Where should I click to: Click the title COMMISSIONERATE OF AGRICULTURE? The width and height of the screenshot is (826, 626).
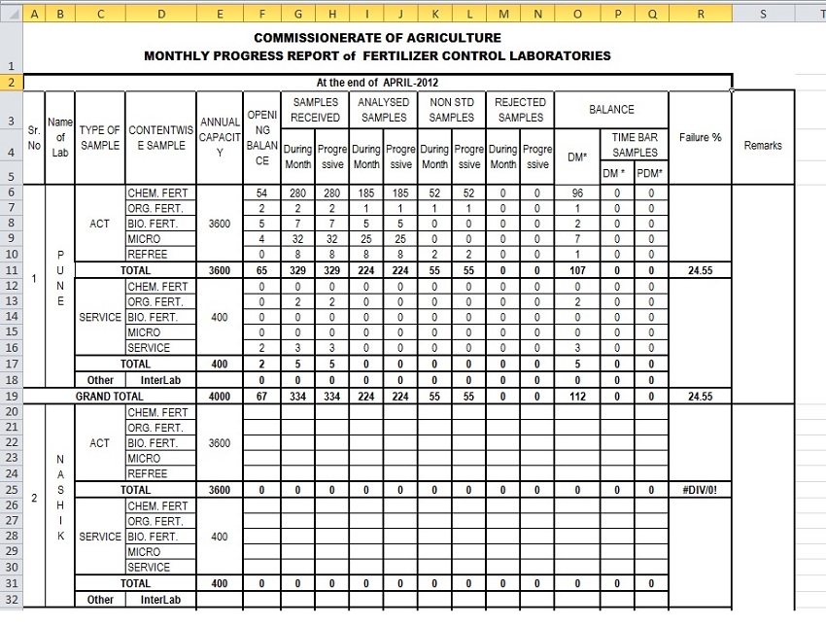[377, 38]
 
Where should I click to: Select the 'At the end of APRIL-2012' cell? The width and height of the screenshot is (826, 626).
[377, 83]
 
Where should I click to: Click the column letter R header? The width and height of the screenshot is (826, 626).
[700, 13]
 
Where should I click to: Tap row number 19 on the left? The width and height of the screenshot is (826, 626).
[11, 397]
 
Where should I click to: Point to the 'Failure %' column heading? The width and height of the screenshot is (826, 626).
[700, 137]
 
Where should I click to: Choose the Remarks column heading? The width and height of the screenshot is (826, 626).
[762, 145]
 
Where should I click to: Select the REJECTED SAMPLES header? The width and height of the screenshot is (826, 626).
[521, 110]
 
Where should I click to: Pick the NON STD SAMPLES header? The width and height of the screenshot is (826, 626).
[451, 110]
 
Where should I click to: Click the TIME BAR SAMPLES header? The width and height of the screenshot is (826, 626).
[635, 145]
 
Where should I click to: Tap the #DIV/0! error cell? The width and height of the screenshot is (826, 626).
[700, 490]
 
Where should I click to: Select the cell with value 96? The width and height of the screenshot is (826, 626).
[577, 192]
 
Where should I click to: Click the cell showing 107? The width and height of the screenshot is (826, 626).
[577, 270]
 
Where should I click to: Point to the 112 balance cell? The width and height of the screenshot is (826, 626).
[577, 397]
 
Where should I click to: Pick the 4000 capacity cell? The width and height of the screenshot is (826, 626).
[220, 397]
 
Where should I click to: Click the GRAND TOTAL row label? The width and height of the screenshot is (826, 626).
[109, 397]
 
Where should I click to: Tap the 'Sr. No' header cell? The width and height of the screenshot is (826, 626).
[34, 137]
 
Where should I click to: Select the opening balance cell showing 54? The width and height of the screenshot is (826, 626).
[261, 192]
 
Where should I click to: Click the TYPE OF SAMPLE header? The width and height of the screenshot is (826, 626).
[100, 137]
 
